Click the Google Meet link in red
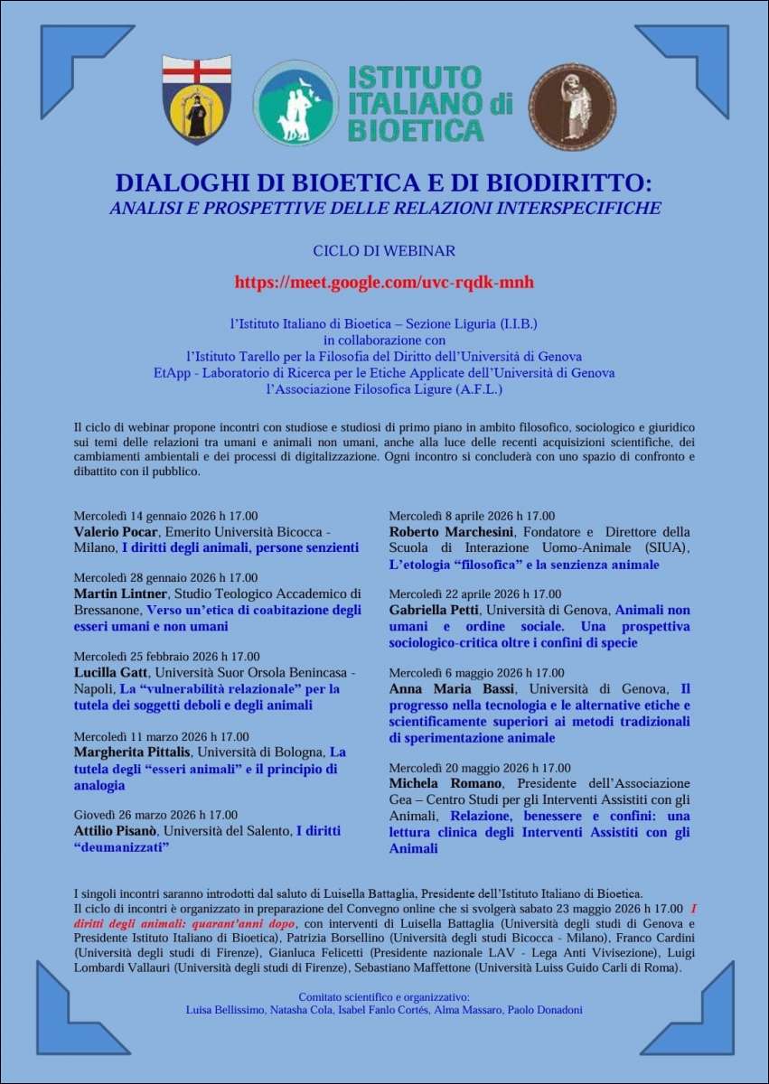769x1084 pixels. tap(384, 283)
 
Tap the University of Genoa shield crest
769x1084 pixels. tap(196, 100)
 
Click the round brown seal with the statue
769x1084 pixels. tap(572, 107)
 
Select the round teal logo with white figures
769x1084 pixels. tap(295, 104)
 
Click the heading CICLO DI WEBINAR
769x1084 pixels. tap(384, 250)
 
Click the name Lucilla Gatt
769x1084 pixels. tap(110, 673)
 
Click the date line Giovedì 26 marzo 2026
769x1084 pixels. tap(155, 815)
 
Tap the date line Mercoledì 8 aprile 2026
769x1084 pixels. tap(472, 517)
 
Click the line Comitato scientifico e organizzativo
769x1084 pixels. tap(384, 996)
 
